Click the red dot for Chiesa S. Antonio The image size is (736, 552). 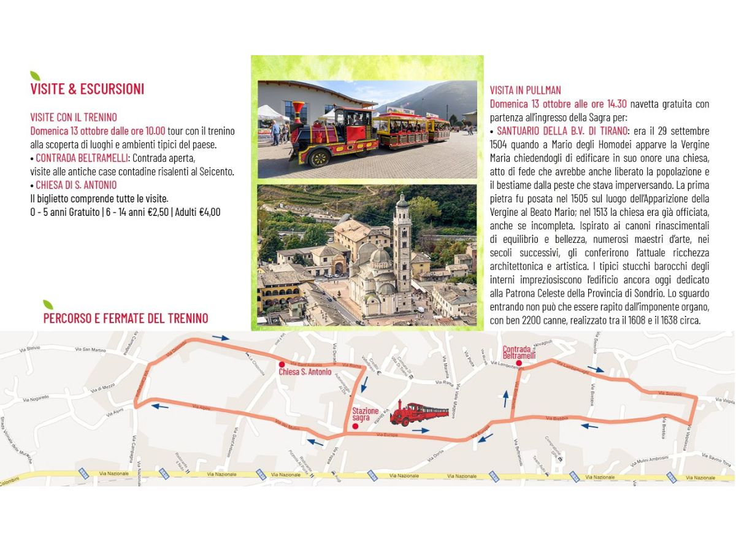coord(282,364)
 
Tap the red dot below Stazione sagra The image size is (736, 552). coord(355,426)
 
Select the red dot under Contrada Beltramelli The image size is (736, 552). coord(519,363)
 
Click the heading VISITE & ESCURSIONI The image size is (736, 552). coord(87,89)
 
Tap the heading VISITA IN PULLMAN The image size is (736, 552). coord(525,90)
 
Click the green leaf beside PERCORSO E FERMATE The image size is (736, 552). coord(48,304)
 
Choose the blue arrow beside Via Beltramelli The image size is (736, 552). coord(506,398)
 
